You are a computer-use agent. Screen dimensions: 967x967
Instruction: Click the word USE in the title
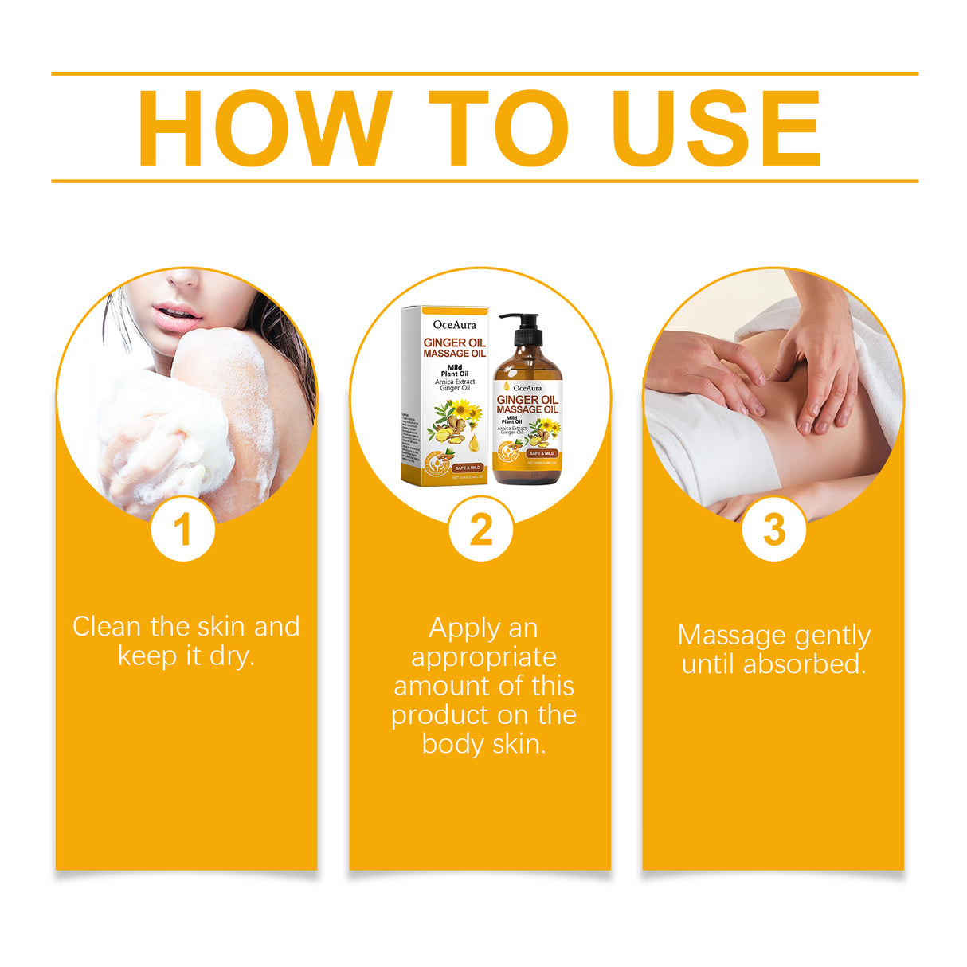[x=716, y=128]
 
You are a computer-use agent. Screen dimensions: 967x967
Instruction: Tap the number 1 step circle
[x=183, y=529]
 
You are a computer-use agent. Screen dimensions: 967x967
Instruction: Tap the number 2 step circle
[x=480, y=529]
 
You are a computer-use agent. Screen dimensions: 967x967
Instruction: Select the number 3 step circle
[x=773, y=529]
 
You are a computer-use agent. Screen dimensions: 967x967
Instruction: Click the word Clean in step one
[x=107, y=627]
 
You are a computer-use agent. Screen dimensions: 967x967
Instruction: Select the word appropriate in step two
[x=483, y=657]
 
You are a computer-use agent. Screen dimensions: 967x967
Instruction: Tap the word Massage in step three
[x=731, y=636]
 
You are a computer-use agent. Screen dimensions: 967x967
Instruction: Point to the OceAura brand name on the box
[x=454, y=324]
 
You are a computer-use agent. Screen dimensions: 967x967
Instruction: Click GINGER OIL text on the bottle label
[x=527, y=400]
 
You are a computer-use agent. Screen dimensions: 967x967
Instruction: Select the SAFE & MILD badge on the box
[x=468, y=468]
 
